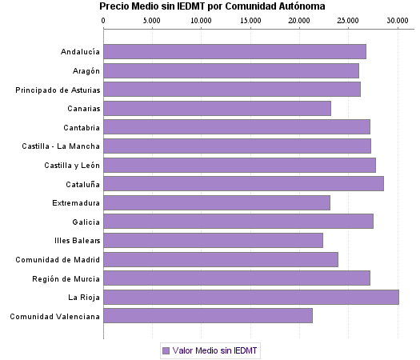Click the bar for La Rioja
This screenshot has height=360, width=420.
[250, 297]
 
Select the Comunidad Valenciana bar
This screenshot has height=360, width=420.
[208, 316]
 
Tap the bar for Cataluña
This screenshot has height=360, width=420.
[243, 184]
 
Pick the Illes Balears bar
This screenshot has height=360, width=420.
[213, 240]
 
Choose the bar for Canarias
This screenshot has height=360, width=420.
[217, 108]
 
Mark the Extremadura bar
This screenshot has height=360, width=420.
[217, 202]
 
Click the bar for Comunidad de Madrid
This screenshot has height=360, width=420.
[221, 259]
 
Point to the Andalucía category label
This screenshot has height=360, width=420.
[80, 52]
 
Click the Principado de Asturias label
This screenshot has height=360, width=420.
[58, 90]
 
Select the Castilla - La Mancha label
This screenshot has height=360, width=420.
[62, 146]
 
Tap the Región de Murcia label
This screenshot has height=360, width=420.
[66, 278]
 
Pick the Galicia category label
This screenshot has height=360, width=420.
[86, 222]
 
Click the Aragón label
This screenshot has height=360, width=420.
[85, 71]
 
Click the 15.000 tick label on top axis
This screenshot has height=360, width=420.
[250, 20]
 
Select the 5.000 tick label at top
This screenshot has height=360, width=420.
[152, 20]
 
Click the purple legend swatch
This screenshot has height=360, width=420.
[166, 350]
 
